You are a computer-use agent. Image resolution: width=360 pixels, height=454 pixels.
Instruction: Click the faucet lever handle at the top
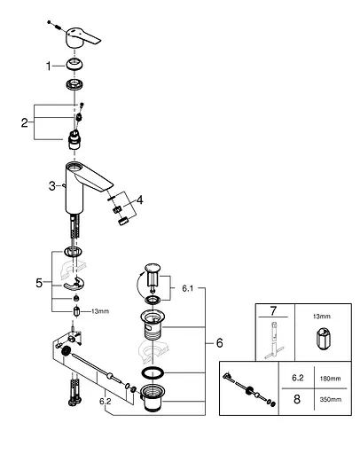coord(82,38)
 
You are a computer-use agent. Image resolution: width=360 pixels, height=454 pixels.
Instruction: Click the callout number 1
coord(49,67)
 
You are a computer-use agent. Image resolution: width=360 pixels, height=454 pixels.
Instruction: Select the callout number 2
coord(25,122)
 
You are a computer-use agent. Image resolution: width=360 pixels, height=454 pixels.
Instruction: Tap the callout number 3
coord(52,186)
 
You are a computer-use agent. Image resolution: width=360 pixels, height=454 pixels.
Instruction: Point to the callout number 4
coord(140,200)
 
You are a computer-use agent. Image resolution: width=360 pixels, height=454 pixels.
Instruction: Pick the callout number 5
coord(39,283)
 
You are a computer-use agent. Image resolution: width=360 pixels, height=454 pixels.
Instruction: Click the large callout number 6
coord(219,343)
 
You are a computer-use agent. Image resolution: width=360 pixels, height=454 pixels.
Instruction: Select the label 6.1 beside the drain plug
coord(187,288)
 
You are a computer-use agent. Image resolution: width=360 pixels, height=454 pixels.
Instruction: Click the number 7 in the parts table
coord(273,311)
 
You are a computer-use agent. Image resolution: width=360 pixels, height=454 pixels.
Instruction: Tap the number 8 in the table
coord(297,399)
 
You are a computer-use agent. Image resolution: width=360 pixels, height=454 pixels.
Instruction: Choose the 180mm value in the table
coord(331,379)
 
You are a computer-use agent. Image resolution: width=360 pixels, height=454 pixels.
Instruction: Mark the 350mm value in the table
coord(331,400)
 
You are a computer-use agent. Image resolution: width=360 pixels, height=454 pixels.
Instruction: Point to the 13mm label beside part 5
coord(100,311)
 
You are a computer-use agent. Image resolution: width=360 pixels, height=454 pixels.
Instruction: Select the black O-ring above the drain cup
coord(153,373)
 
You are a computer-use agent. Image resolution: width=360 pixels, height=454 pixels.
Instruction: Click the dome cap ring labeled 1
coord(74,65)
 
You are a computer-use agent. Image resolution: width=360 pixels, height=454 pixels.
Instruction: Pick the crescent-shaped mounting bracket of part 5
coord(74,285)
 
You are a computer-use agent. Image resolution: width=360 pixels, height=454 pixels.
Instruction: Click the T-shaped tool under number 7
coord(274,340)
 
